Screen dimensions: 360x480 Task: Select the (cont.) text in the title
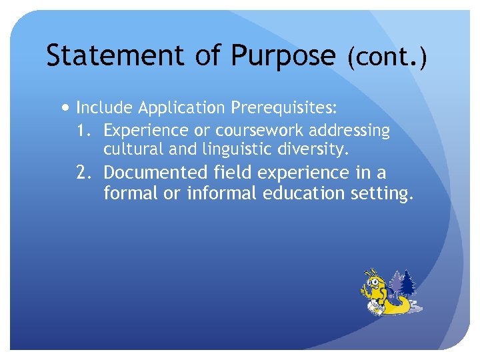[x=386, y=59]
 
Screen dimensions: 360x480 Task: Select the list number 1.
[x=85, y=129]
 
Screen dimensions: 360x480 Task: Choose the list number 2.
[x=85, y=173]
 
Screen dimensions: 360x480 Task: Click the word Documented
[x=156, y=173]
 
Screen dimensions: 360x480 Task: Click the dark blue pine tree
[x=407, y=283]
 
